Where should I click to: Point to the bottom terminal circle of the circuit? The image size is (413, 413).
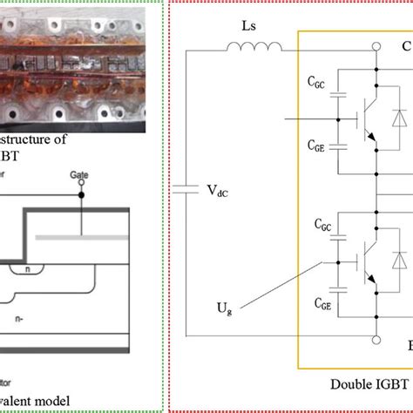point(376,338)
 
